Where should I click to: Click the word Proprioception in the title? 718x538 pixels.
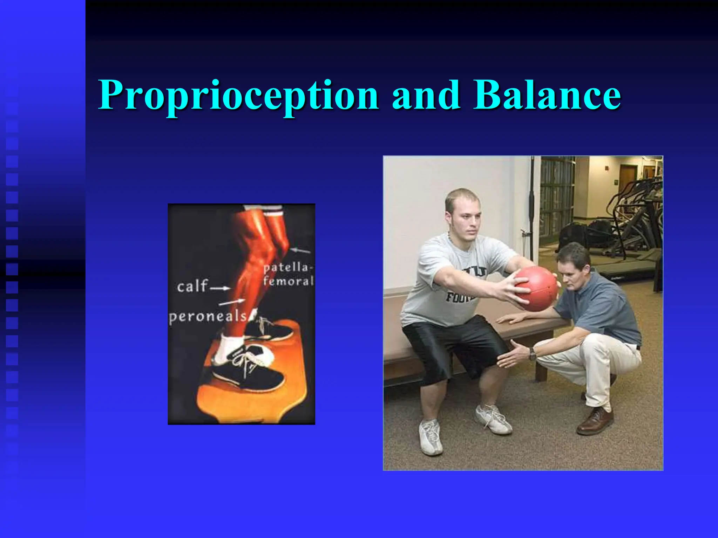point(238,95)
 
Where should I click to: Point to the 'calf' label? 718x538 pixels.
point(192,287)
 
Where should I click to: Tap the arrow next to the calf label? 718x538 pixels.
point(220,288)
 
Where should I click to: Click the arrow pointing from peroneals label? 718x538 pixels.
point(232,302)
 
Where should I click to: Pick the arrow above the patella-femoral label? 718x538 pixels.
point(301,250)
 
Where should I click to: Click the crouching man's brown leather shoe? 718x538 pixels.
point(595,421)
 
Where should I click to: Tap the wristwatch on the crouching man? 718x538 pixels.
point(533,354)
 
